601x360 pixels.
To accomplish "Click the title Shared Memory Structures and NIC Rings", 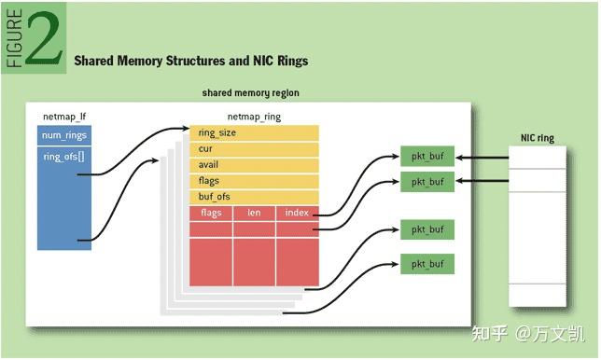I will pyautogui.click(x=190, y=61).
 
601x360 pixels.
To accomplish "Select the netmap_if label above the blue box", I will pyautogui.click(x=64, y=118).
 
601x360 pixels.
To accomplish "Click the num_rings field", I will pyautogui.click(x=64, y=136).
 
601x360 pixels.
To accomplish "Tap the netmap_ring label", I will pyautogui.click(x=254, y=118).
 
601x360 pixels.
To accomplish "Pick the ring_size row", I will pyautogui.click(x=254, y=133).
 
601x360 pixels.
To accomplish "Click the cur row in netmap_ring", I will pyautogui.click(x=254, y=149).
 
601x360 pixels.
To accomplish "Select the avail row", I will pyautogui.click(x=254, y=165).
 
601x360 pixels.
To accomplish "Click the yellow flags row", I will pyautogui.click(x=254, y=181).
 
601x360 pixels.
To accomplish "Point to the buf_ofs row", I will pyautogui.click(x=254, y=197).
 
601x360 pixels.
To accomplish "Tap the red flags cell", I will pyautogui.click(x=210, y=213).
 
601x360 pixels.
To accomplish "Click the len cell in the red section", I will pyautogui.click(x=253, y=213).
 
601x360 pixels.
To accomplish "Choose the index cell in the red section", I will pyautogui.click(x=298, y=213).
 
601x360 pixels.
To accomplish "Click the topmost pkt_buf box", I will pyautogui.click(x=426, y=157).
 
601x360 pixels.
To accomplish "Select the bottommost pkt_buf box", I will pyautogui.click(x=426, y=263).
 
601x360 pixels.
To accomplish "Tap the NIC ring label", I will pyautogui.click(x=537, y=138).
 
